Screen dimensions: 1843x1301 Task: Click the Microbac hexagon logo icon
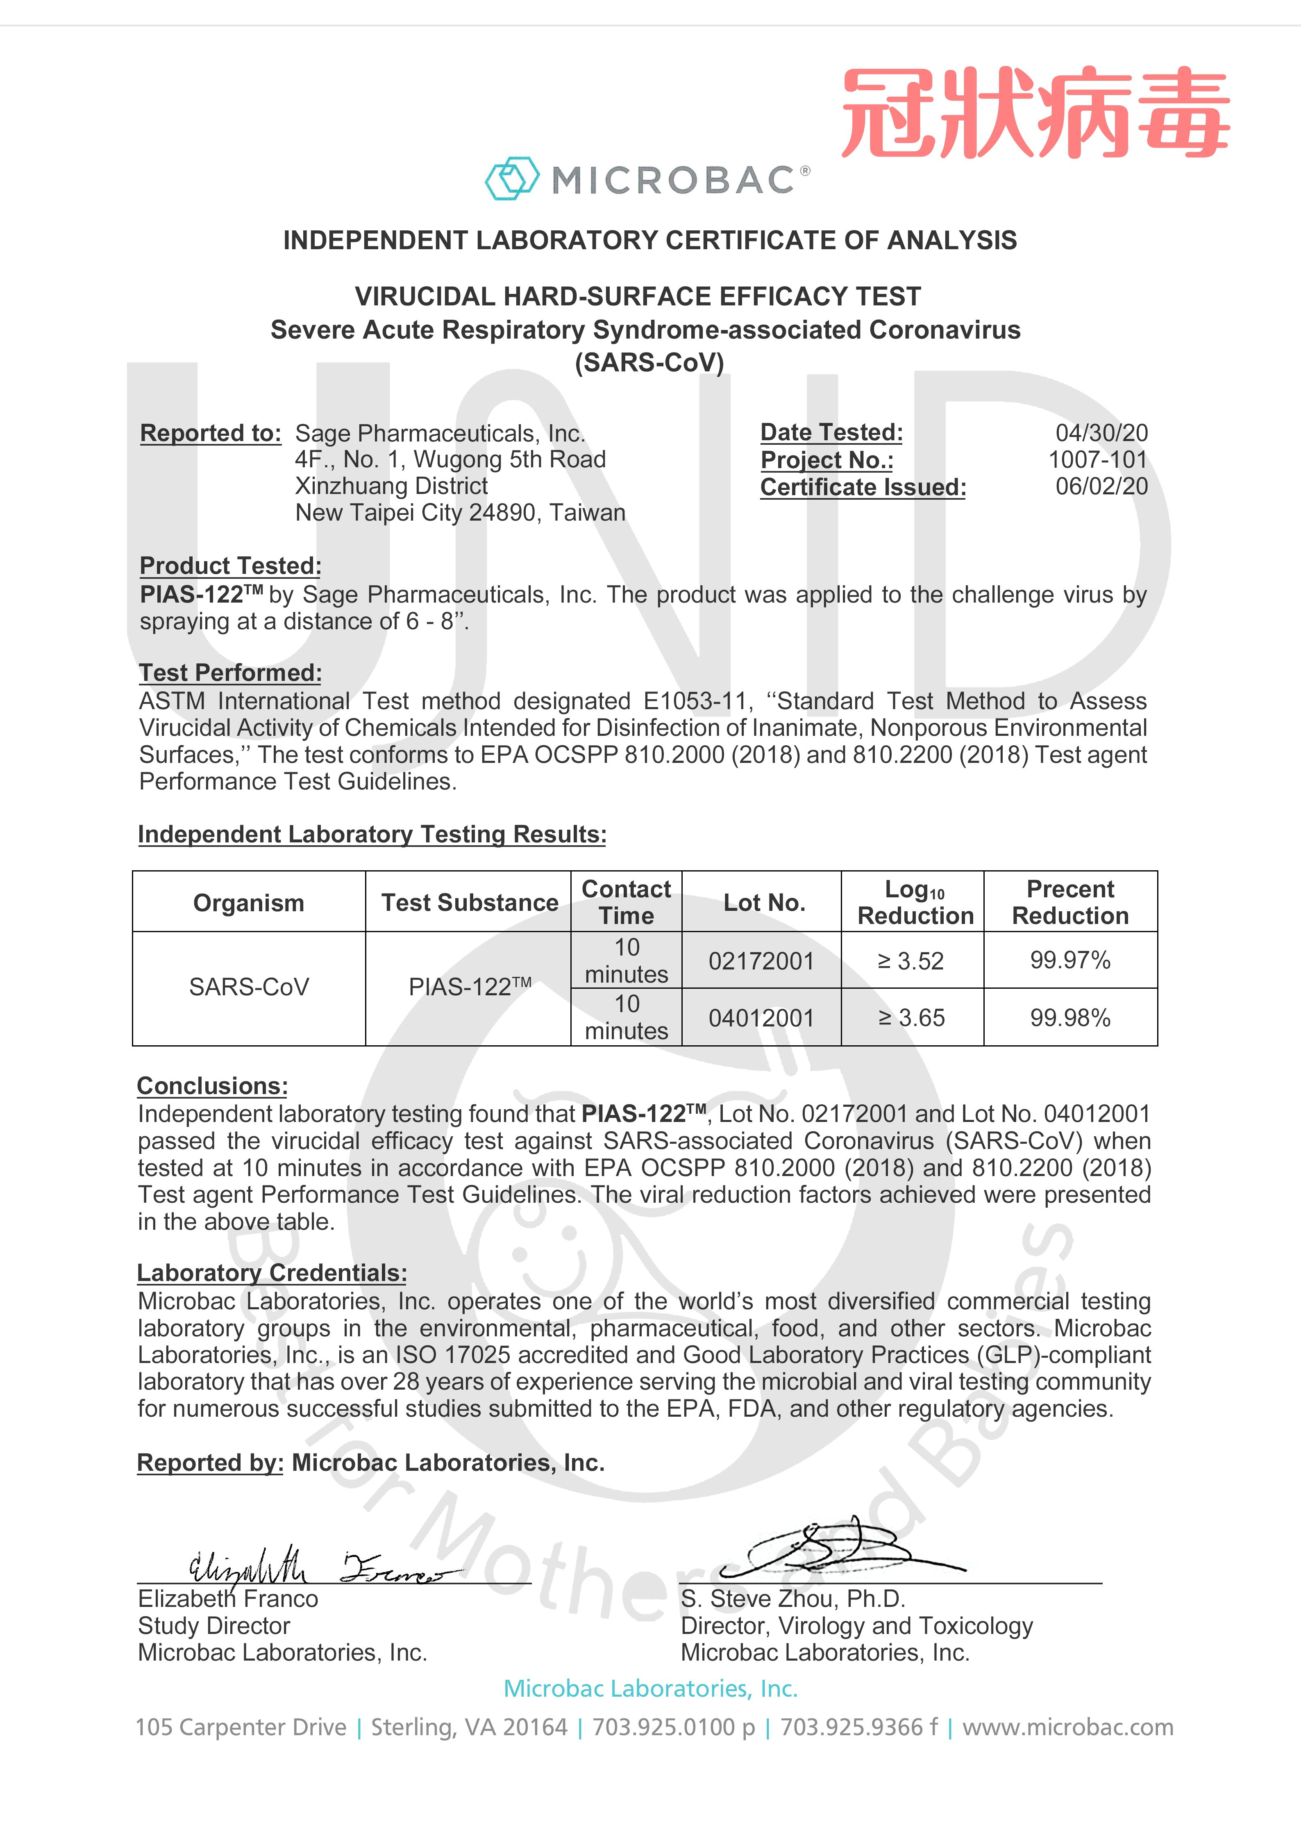tap(511, 178)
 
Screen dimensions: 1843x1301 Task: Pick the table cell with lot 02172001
tap(761, 961)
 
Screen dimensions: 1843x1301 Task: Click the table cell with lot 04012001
tap(761, 1018)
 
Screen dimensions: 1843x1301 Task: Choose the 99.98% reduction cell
tap(1070, 1018)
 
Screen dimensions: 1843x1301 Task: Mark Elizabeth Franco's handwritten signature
tap(321, 1565)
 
